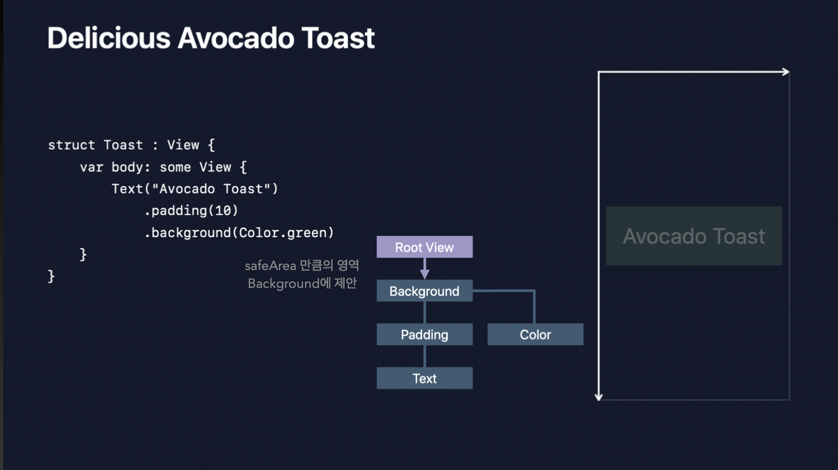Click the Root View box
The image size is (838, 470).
pos(424,247)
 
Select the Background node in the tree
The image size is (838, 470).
pos(424,291)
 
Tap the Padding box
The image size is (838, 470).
pos(424,334)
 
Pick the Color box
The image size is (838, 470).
pos(535,334)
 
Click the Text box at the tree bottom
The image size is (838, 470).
pos(424,378)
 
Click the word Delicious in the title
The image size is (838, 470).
pos(108,38)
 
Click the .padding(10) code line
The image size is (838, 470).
pos(191,210)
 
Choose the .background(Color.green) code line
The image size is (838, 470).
pos(239,232)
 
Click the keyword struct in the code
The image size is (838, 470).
pos(71,145)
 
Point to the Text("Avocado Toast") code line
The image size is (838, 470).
pos(195,189)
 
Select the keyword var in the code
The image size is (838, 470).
pos(91,167)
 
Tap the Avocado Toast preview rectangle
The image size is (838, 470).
pos(693,236)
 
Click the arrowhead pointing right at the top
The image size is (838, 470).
pos(786,72)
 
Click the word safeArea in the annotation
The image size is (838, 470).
pos(270,266)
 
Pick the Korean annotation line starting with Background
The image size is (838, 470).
pos(302,283)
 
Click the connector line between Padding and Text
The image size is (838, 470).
pos(425,356)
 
